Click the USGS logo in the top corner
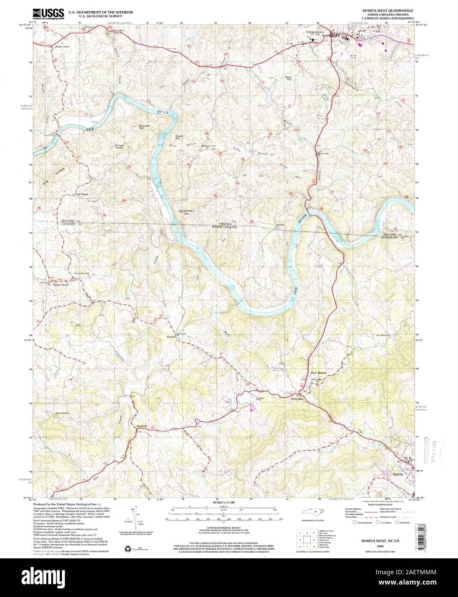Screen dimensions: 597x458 (x=49, y=13)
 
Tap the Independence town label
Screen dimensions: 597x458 (x=315, y=32)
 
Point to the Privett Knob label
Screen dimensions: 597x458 (x=119, y=146)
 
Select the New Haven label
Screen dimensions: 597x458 (x=319, y=373)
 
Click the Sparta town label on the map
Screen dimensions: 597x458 (x=398, y=474)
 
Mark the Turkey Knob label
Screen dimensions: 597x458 (x=61, y=285)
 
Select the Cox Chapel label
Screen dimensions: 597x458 (x=82, y=195)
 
